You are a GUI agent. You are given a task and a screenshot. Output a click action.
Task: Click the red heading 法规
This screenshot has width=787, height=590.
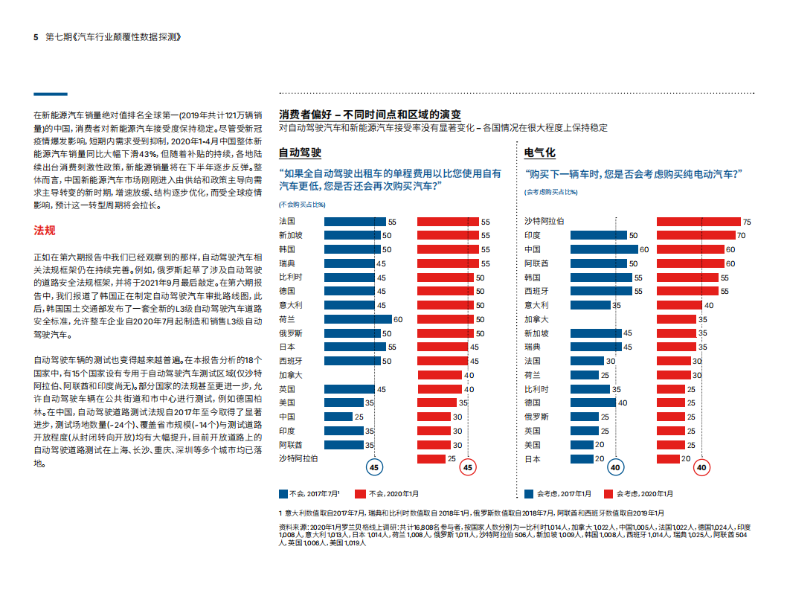pyautogui.click(x=45, y=231)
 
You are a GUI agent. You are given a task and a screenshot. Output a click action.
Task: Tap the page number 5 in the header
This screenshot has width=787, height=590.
pyautogui.click(x=36, y=37)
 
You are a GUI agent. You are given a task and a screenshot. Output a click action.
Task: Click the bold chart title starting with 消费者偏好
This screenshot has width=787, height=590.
pyautogui.click(x=370, y=115)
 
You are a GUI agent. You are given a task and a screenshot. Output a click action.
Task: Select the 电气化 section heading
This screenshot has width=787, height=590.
pyautogui.click(x=539, y=153)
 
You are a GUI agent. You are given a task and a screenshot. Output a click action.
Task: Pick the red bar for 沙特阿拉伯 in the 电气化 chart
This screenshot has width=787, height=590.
pyautogui.click(x=698, y=222)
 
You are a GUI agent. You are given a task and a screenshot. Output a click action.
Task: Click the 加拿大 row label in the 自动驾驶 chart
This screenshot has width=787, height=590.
pyautogui.click(x=291, y=375)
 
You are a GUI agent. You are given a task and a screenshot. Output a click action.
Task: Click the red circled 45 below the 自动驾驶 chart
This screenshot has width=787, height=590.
pyautogui.click(x=467, y=468)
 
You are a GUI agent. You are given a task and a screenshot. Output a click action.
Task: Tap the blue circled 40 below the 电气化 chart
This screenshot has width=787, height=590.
pyautogui.click(x=615, y=468)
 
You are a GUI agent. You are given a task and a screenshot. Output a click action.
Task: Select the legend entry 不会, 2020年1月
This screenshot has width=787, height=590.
pyautogui.click(x=387, y=493)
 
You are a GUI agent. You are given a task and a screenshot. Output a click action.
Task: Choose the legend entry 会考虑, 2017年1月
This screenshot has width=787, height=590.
pyautogui.click(x=558, y=493)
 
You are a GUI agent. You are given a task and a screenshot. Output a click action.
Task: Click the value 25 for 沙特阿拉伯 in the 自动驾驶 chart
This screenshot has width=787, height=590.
pyautogui.click(x=452, y=459)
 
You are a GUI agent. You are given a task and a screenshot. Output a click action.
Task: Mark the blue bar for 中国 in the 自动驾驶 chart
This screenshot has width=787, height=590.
pyautogui.click(x=338, y=417)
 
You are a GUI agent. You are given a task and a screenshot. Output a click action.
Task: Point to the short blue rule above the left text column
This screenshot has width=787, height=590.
pyautogui.click(x=51, y=94)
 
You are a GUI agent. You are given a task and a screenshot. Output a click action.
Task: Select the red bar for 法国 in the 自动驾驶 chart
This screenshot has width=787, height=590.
pyautogui.click(x=448, y=222)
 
